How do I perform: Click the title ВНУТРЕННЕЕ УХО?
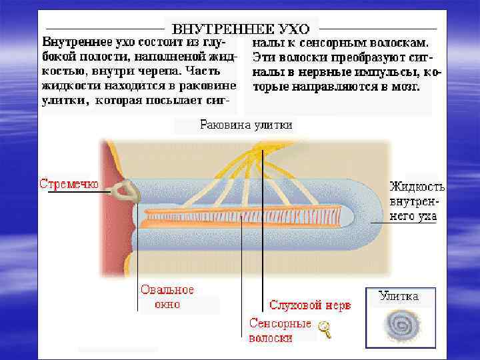(241, 29)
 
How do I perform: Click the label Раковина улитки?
(247, 125)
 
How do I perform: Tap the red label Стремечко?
(69, 183)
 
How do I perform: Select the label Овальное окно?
(167, 297)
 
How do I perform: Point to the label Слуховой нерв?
(309, 305)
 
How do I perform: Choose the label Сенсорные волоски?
(280, 331)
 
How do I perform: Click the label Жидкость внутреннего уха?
(417, 201)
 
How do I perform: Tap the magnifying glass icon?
(325, 328)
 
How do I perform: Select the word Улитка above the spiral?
(399, 297)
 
